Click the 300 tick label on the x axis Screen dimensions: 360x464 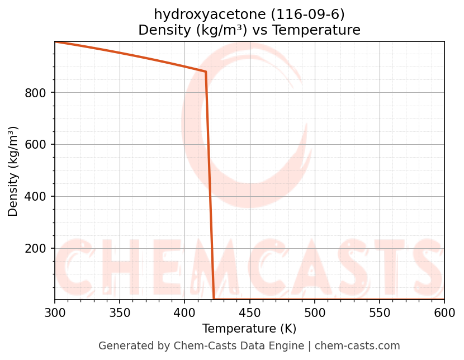pyautogui.click(x=55, y=313)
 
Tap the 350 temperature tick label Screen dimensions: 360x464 pyautogui.click(x=120, y=313)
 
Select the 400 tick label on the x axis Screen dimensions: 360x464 pyautogui.click(x=184, y=313)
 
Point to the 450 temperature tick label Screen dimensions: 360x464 pyautogui.click(x=249, y=313)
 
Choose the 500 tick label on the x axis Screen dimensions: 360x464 pyautogui.click(x=314, y=313)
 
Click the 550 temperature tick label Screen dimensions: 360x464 pyautogui.click(x=380, y=313)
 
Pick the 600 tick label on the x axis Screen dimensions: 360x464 pyautogui.click(x=444, y=313)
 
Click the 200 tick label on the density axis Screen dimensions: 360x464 pyautogui.click(x=35, y=248)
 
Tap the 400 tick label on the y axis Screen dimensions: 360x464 pyautogui.click(x=35, y=196)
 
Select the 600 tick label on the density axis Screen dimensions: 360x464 pyautogui.click(x=35, y=144)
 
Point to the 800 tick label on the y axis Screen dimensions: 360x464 pyautogui.click(x=35, y=92)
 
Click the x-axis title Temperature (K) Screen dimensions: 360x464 pyautogui.click(x=249, y=329)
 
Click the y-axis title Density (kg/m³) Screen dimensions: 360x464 pyautogui.click(x=13, y=171)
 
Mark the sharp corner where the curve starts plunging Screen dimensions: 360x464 pyautogui.click(x=206, y=72)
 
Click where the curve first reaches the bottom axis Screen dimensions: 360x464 pyautogui.click(x=214, y=299)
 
